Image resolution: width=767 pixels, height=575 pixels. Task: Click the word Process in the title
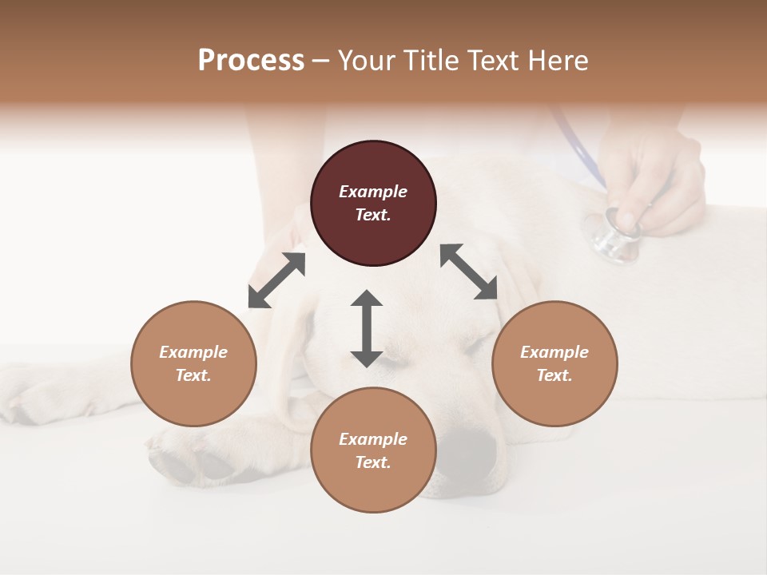tap(251, 61)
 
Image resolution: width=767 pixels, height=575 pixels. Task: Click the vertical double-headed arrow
tap(367, 328)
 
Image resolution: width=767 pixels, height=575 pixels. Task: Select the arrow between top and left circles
tap(276, 280)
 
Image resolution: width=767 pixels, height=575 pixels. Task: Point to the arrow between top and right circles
tap(469, 272)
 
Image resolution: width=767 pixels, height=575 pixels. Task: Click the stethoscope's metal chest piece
tap(614, 236)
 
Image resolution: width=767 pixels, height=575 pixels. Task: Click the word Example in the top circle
tap(373, 192)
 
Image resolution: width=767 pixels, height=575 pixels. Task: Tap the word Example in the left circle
tap(193, 352)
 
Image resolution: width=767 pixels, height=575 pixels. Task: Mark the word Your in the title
tap(365, 61)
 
